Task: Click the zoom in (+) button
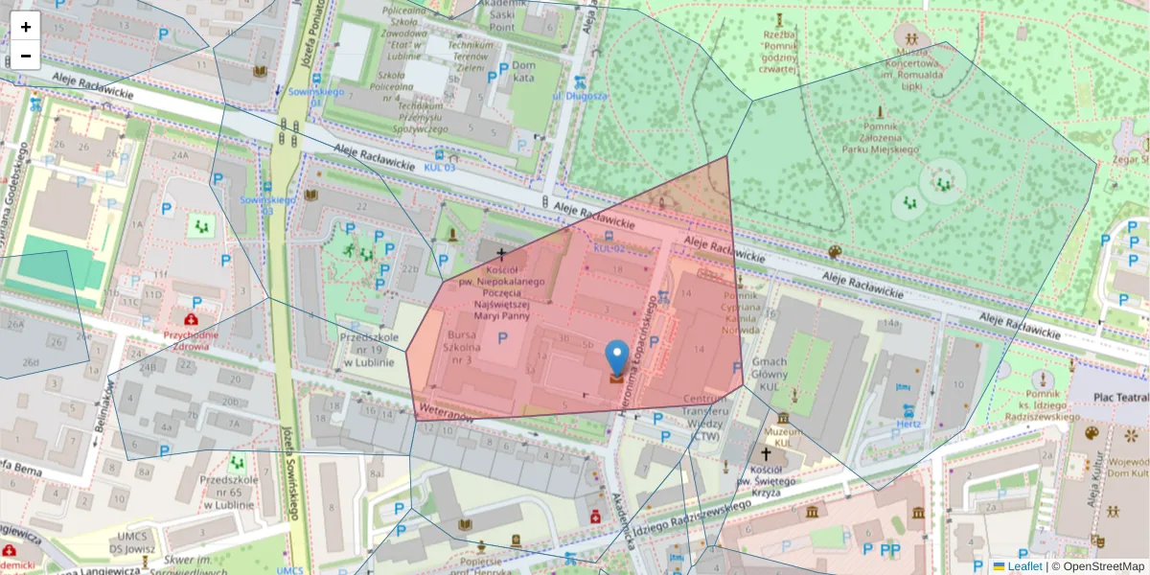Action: [26, 27]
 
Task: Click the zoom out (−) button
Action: [26, 56]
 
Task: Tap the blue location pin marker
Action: [618, 359]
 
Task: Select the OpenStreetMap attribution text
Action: [1099, 566]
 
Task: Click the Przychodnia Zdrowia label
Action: [192, 341]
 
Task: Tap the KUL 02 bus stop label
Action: [609, 248]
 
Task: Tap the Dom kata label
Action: [523, 72]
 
